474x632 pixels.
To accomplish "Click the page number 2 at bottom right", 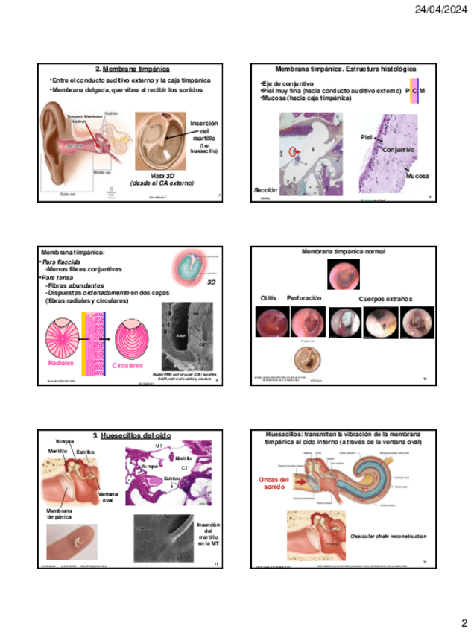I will (x=463, y=622).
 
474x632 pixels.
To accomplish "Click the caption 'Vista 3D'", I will (x=162, y=174).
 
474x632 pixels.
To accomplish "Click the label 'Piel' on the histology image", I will (x=366, y=138).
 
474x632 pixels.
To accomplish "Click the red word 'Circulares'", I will (x=127, y=367).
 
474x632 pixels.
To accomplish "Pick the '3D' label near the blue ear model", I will (x=211, y=283).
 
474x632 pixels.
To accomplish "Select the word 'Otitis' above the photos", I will (x=268, y=298).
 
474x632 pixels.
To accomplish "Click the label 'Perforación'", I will (x=304, y=298).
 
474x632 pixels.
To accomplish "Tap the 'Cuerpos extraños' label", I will (x=385, y=299).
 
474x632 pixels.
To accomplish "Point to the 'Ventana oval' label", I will (x=107, y=497).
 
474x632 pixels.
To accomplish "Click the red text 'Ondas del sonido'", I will (x=274, y=484).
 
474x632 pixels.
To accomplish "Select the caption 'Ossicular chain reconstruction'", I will (x=388, y=536).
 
